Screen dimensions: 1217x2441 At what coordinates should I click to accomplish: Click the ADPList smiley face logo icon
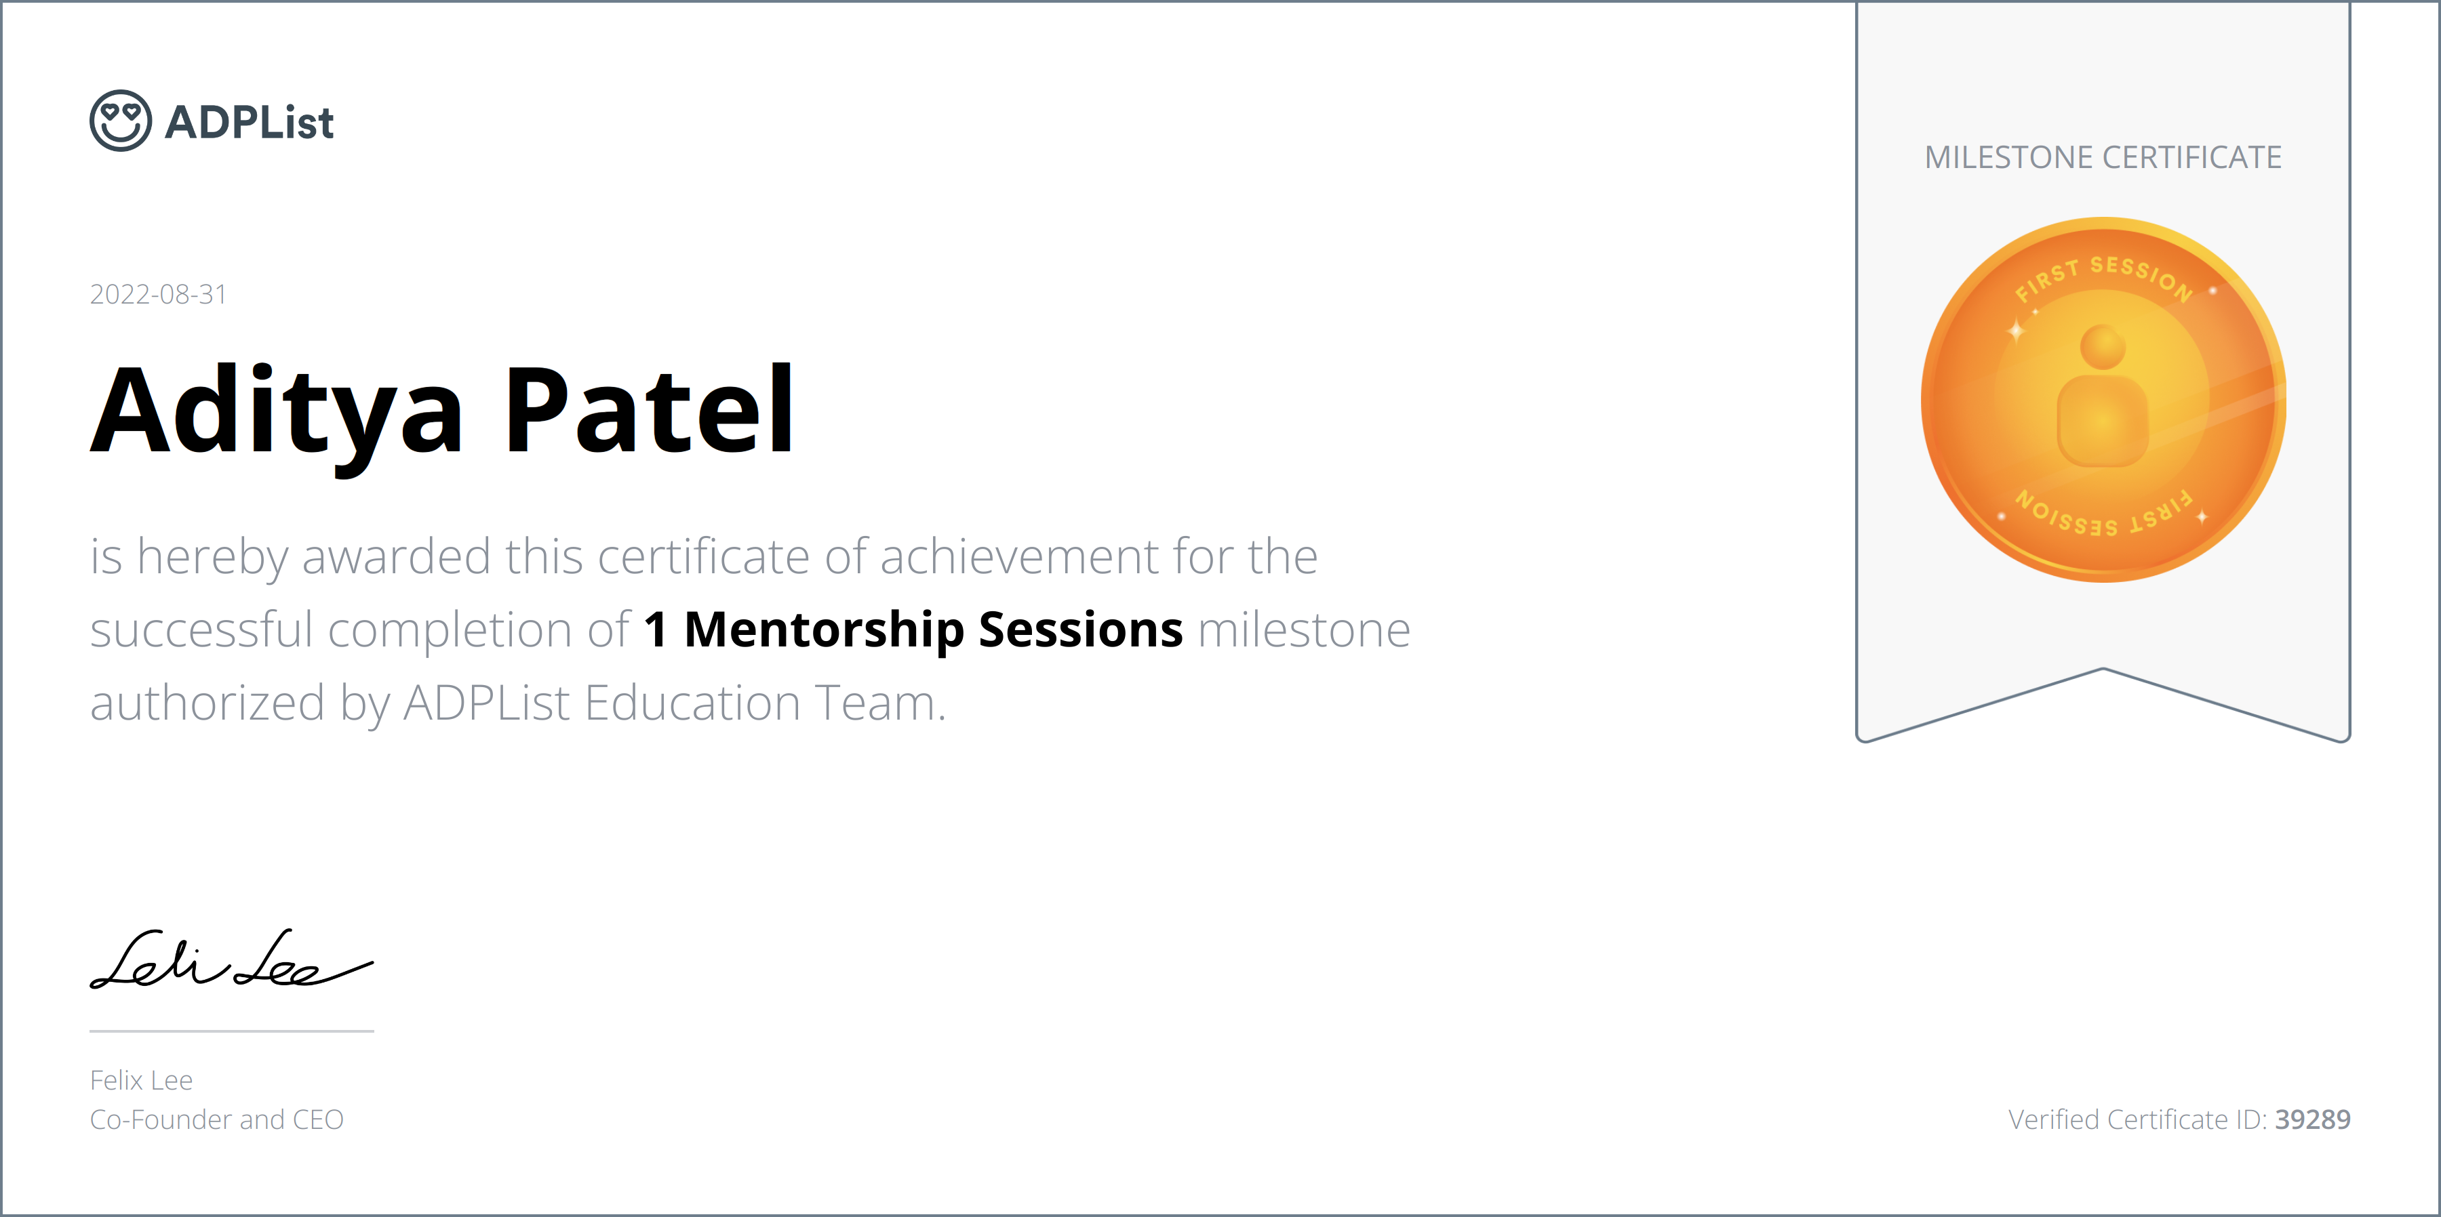[120, 121]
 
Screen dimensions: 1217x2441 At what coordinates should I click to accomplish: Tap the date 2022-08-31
[158, 295]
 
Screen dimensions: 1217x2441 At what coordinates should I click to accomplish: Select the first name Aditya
[277, 412]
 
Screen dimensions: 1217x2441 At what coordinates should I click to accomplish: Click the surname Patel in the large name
[649, 412]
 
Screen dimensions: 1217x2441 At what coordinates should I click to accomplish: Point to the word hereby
[212, 557]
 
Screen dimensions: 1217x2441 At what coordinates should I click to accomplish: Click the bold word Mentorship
[823, 630]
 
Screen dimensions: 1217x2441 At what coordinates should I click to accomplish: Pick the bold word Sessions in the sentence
[1080, 630]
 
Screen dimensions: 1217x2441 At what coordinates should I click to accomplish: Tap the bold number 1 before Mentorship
[655, 630]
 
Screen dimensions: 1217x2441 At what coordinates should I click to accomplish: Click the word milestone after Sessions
[1304, 630]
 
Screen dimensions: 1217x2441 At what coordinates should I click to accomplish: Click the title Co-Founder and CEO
[216, 1119]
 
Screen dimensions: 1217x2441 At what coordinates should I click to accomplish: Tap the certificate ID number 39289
[2312, 1119]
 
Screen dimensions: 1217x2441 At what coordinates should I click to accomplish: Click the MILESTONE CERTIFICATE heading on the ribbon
[2103, 157]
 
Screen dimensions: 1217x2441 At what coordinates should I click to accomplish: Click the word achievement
[992, 557]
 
